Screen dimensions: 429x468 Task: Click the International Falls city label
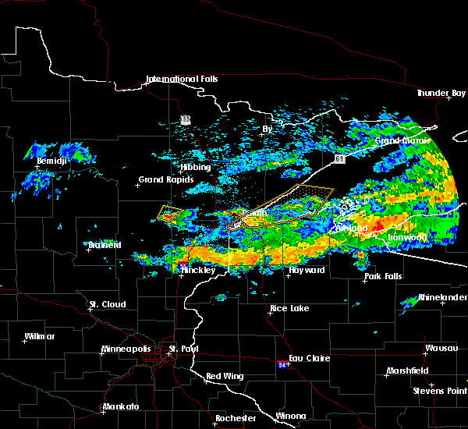[182, 79]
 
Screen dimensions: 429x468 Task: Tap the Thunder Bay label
[441, 93]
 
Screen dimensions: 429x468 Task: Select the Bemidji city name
[52, 161]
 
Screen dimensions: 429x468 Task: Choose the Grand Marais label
[402, 141]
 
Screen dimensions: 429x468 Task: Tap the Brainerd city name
[104, 245]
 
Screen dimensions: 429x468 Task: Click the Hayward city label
[306, 270]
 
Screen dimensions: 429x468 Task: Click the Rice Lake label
[289, 308]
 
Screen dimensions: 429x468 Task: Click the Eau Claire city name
[312, 358]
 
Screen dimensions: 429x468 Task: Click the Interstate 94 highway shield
[281, 363]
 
